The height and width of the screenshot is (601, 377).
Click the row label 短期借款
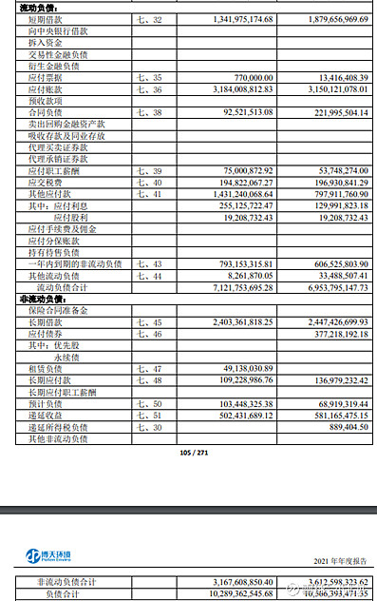[46, 19]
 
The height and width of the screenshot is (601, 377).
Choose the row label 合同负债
[46, 113]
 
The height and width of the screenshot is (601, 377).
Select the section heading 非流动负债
[44, 299]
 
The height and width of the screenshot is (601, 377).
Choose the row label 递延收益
[46, 415]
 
